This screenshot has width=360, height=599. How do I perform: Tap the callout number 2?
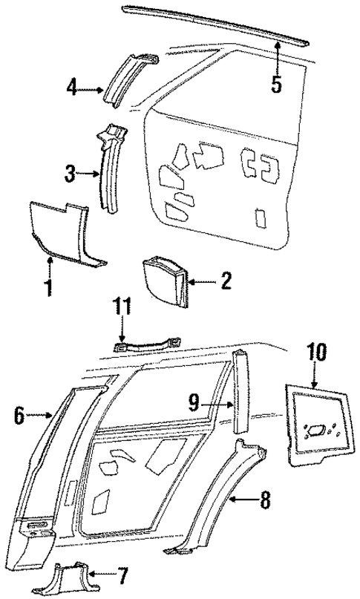[x=226, y=281]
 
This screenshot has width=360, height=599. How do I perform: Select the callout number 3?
[x=69, y=174]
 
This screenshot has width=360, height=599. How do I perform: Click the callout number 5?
[x=276, y=84]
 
